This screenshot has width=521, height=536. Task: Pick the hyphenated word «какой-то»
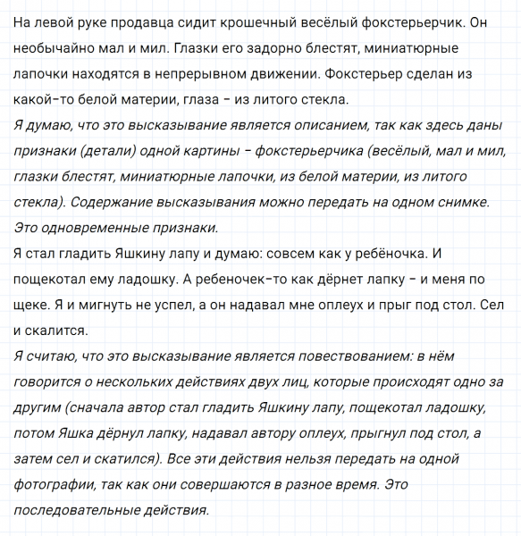(44, 99)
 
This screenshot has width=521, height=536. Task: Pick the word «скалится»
(58, 331)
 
